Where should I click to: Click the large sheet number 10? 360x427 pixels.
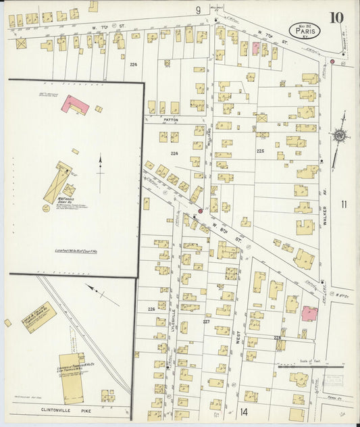[336, 17]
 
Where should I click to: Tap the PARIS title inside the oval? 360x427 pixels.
[305, 30]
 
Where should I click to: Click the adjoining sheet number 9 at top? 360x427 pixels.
[199, 9]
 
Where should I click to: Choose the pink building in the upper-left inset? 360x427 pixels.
[76, 104]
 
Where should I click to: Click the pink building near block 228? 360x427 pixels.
[309, 313]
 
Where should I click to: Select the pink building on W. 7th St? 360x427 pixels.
[256, 48]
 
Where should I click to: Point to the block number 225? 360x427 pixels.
[260, 151]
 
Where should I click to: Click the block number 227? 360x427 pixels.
[206, 322]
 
